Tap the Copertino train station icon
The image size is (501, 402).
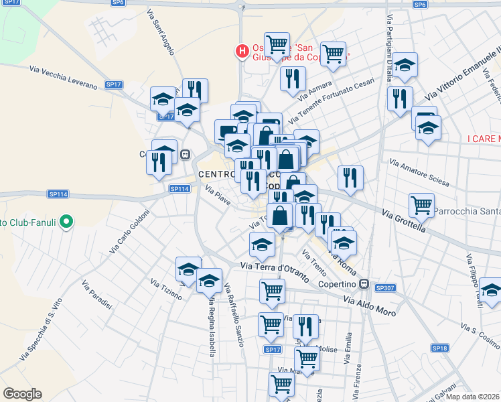pos(364,284)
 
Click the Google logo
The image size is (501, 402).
pos(22,394)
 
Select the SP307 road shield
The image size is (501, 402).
pos(385,287)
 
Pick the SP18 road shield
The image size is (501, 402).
pos(439,348)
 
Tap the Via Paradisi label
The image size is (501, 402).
pos(97,295)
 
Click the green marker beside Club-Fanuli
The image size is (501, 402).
pos(66,220)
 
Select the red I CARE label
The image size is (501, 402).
pos(484,139)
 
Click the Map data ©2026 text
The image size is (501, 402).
pos(473,397)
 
